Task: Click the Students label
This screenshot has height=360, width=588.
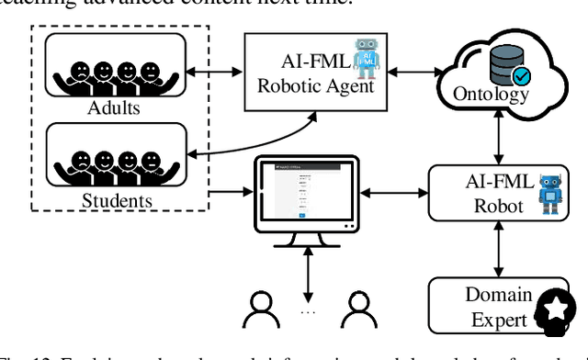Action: [117, 199]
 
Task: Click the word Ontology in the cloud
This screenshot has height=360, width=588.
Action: [491, 96]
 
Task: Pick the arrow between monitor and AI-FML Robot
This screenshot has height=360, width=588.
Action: [397, 191]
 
